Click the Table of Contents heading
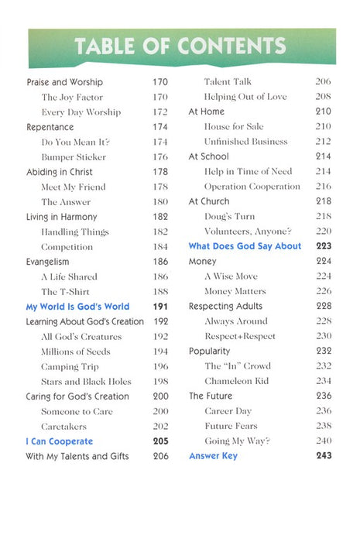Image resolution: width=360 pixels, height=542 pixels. (x=180, y=46)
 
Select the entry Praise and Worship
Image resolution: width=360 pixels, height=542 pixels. (x=64, y=82)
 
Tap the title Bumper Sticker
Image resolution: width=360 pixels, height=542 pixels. (x=74, y=157)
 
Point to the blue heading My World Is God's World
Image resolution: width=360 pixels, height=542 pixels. (x=77, y=307)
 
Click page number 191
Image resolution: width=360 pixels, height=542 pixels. (x=159, y=307)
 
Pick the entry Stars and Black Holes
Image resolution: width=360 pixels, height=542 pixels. (x=86, y=382)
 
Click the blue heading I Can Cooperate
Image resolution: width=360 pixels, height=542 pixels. (x=59, y=441)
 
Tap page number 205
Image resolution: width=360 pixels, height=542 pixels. (x=159, y=441)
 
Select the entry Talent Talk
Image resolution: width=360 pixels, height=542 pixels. (x=229, y=82)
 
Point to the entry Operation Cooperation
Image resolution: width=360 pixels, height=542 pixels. (x=252, y=187)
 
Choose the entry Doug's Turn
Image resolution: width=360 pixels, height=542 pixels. (x=229, y=217)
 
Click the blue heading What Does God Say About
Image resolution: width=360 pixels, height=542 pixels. (x=245, y=247)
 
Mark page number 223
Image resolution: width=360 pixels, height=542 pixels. (x=324, y=247)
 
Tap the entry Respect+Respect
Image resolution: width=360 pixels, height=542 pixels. (x=240, y=337)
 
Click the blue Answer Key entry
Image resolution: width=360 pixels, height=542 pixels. (x=213, y=457)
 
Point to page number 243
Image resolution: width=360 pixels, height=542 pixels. (x=324, y=457)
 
